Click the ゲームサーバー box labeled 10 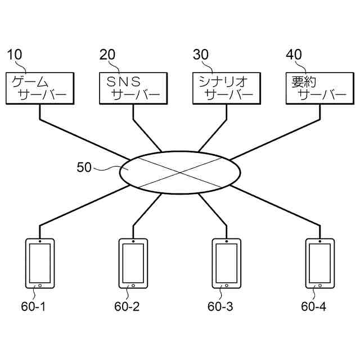[40, 88]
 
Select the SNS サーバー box [133, 88]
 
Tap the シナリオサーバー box [227, 88]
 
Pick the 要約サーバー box [320, 88]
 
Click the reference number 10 [15, 55]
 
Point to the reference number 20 [107, 55]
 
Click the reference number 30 [201, 55]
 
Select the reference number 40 [294, 55]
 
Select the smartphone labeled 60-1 [40, 263]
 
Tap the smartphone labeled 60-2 [133, 263]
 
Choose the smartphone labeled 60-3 [227, 263]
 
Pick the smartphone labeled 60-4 [320, 263]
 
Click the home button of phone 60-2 [133, 285]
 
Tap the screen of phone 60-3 [227, 262]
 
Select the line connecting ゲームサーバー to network [84, 139]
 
